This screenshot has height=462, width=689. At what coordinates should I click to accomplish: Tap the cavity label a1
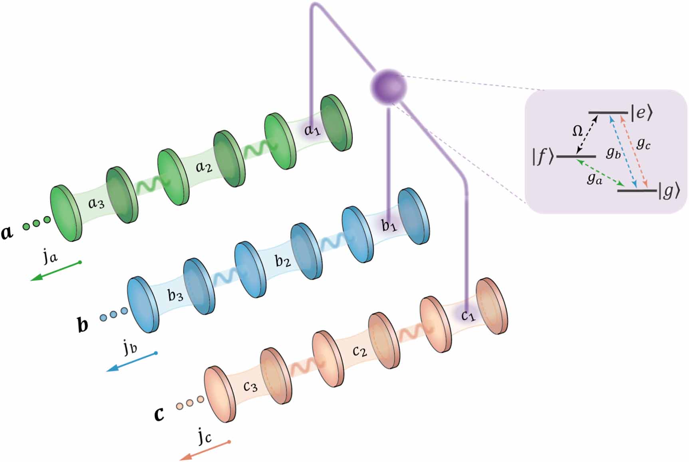pyautogui.click(x=312, y=130)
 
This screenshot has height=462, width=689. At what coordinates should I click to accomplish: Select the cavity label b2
pyautogui.click(x=283, y=261)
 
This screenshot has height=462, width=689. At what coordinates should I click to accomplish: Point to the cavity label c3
pyautogui.click(x=251, y=386)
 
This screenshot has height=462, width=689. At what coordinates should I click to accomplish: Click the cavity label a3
pyautogui.click(x=96, y=203)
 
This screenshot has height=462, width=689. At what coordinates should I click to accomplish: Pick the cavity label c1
pyautogui.click(x=468, y=316)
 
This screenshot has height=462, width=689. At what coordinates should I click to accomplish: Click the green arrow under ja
pyautogui.click(x=56, y=271)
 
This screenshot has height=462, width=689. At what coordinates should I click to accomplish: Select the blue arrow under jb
pyautogui.click(x=131, y=362)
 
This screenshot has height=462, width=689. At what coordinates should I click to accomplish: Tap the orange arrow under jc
pyautogui.click(x=204, y=451)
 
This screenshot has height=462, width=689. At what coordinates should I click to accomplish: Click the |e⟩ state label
pyautogui.click(x=641, y=113)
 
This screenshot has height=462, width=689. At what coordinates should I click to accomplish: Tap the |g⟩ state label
pyautogui.click(x=669, y=192)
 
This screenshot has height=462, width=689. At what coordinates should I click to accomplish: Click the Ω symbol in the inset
pyautogui.click(x=577, y=131)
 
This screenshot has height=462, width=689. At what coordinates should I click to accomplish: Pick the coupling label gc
pyautogui.click(x=643, y=144)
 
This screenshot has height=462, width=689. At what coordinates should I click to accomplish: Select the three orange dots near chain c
pyautogui.click(x=190, y=403)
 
